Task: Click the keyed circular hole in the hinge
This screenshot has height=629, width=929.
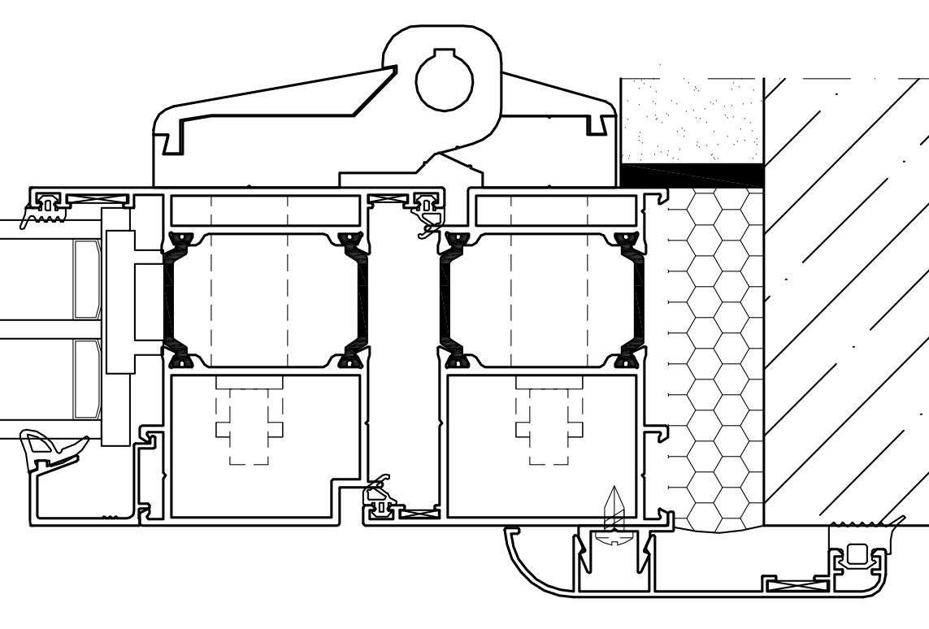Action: click(444, 78)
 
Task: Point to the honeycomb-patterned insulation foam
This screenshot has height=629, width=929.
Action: click(714, 358)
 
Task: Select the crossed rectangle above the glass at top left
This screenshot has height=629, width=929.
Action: click(97, 197)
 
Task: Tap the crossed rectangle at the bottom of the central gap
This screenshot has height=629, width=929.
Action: click(420, 513)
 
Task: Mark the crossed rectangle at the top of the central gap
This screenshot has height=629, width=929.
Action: click(388, 197)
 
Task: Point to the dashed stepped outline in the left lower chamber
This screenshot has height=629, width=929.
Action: click(249, 423)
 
